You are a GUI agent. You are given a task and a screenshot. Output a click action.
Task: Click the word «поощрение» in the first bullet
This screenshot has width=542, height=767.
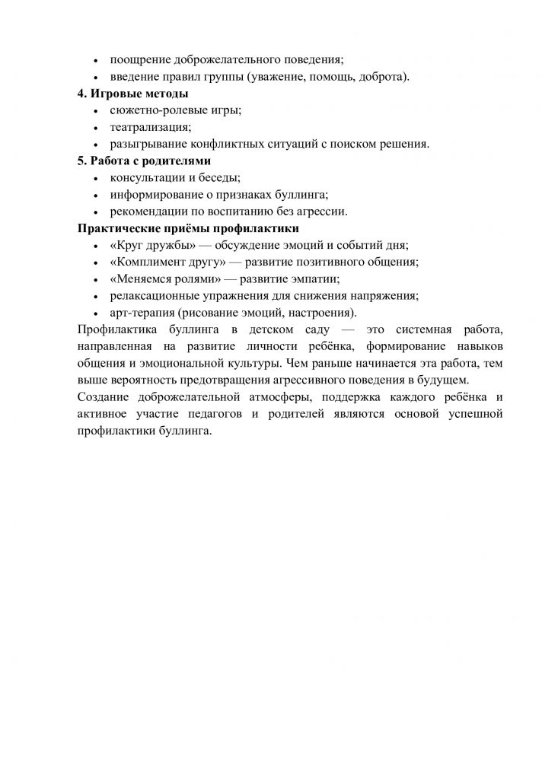[x=139, y=59]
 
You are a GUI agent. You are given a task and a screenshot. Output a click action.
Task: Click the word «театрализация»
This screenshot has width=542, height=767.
[x=150, y=127]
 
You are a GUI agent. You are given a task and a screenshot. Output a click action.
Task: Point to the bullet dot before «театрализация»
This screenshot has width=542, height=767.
[x=95, y=128]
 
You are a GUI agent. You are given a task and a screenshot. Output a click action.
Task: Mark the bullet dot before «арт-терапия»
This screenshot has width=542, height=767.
[x=95, y=313]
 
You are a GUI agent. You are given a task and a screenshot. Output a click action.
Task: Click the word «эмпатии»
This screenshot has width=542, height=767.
[x=317, y=279]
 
